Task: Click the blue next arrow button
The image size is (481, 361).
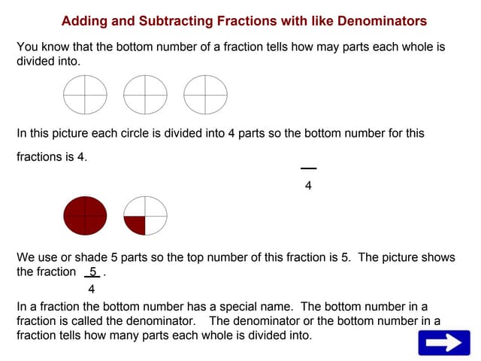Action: pos(444,343)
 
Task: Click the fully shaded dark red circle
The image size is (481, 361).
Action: pos(85,216)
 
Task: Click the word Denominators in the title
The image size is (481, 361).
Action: pos(382,21)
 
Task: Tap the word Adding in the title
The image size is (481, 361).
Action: pos(84,21)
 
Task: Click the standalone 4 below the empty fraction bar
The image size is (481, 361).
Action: pos(308,186)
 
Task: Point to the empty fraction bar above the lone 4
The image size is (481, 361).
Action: pos(308,168)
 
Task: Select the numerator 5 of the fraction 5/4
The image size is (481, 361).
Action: pos(93,272)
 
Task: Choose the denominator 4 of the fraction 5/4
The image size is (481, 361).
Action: pos(92,289)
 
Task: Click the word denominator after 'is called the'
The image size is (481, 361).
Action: pos(161,321)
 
